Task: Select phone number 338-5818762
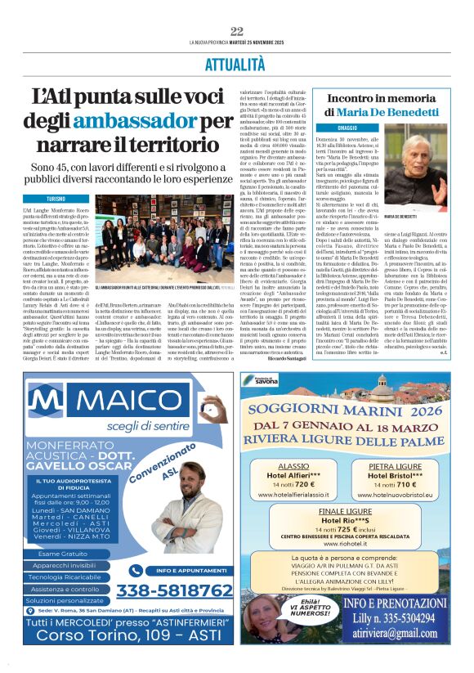pos(170,590)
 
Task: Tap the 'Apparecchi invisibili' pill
pos(65,565)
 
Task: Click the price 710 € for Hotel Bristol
pos(395,484)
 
